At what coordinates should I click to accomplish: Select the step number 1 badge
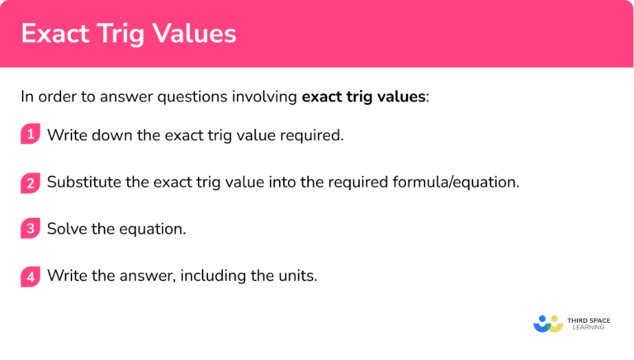(31, 135)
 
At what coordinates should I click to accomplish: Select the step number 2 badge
(31, 182)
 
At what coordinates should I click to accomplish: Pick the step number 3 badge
(31, 229)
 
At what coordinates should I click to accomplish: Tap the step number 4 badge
(31, 276)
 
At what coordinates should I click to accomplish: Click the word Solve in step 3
(67, 229)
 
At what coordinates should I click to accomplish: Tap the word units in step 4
(296, 276)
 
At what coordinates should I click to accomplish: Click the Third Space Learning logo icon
(548, 323)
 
